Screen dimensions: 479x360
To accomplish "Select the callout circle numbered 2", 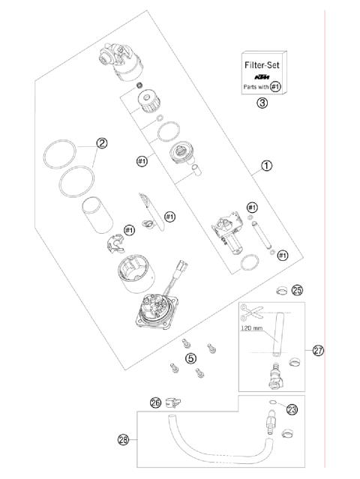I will point(102,142).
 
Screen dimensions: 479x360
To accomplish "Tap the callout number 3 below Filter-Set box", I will point(262,103).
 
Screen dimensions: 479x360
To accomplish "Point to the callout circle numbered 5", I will point(191,358).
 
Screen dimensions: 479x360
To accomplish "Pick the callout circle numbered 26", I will point(155,403).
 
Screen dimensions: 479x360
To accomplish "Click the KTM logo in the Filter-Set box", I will point(262,76).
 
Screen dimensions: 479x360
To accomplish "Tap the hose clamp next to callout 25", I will point(279,289).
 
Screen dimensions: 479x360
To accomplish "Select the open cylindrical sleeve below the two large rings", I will point(95,214).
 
